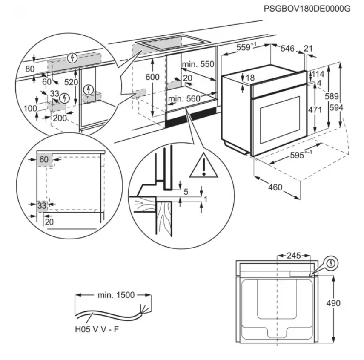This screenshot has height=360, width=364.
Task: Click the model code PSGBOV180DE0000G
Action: click(307, 9)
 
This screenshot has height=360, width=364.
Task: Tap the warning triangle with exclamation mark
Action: click(203, 165)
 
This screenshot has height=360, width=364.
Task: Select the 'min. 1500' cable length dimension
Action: click(116, 295)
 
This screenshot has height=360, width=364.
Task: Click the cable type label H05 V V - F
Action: click(97, 329)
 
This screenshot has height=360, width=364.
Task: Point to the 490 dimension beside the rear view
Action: click(333, 303)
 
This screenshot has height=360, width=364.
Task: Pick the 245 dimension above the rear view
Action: click(294, 256)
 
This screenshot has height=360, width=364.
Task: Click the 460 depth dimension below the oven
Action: click(275, 187)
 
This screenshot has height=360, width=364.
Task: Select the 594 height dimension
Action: click(337, 107)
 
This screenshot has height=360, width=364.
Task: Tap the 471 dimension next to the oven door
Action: click(315, 109)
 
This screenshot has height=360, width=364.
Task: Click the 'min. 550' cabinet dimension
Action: click(198, 64)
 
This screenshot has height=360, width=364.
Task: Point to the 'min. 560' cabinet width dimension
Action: click(184, 99)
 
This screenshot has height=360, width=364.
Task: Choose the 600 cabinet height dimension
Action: click(152, 77)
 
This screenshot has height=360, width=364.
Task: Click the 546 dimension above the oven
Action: click(288, 48)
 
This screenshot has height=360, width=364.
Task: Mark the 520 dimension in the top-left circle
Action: click(71, 82)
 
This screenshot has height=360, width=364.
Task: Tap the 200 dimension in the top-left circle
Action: click(60, 118)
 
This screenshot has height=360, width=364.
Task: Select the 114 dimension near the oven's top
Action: click(318, 74)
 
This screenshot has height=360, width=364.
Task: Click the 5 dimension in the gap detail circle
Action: click(186, 192)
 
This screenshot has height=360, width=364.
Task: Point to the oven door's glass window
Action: click(280, 120)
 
